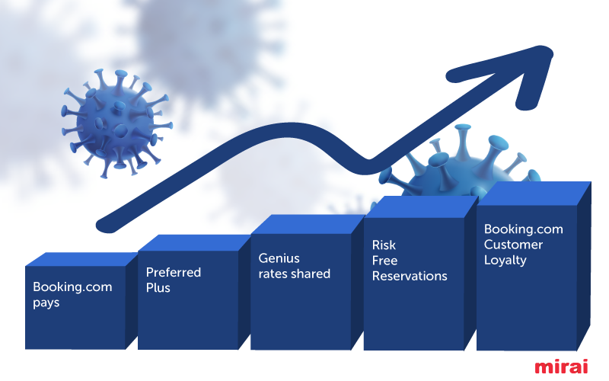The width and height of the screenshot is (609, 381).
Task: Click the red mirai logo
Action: point(561,367)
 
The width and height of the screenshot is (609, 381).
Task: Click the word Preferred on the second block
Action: point(174,272)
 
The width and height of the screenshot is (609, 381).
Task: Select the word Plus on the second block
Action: point(158,288)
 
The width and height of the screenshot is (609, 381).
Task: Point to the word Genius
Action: point(279,258)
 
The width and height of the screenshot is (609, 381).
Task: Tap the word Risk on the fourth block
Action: point(384,245)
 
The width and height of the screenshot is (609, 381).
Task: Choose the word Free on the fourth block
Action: point(384,261)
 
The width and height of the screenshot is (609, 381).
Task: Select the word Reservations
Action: point(410,276)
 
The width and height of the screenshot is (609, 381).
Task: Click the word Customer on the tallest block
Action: point(513,245)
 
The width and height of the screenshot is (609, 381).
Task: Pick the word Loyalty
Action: point(505,260)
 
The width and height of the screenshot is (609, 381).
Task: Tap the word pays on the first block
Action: point(46,303)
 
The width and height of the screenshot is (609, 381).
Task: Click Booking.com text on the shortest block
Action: point(72,287)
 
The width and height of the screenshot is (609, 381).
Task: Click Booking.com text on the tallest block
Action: point(524,229)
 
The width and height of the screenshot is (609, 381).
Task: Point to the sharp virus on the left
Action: point(116,123)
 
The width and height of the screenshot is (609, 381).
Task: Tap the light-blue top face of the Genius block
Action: point(308,224)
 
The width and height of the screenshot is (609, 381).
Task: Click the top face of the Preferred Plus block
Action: point(195,243)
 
